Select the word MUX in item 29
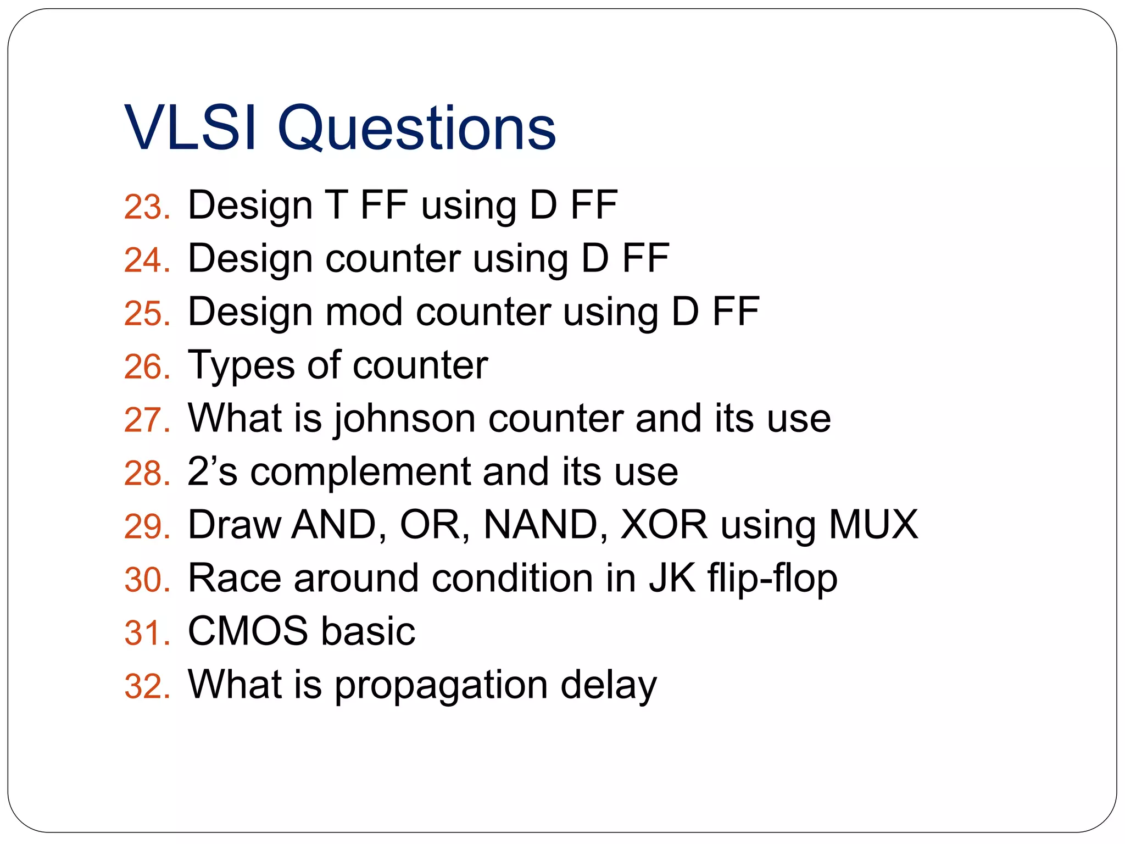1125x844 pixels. pos(873,525)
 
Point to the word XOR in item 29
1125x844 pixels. pos(664,525)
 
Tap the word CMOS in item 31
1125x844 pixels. pos(248,631)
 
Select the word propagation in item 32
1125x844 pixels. pos(441,685)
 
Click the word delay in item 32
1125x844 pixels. pos(608,685)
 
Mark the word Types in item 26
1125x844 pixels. pos(241,366)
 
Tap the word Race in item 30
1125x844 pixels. pos(235,578)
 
